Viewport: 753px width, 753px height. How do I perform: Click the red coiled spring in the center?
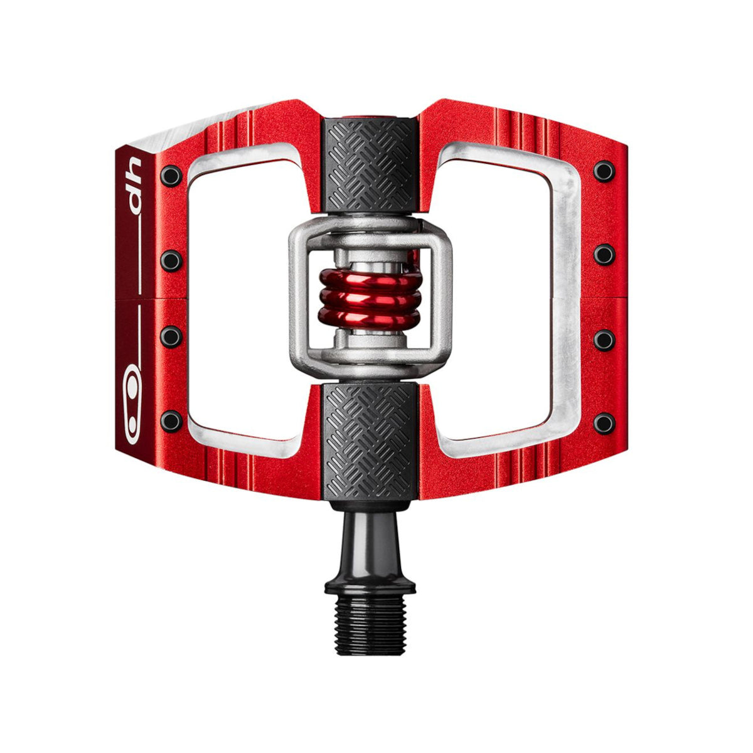pyautogui.click(x=370, y=299)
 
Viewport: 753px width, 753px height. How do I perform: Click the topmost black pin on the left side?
pyautogui.click(x=171, y=176)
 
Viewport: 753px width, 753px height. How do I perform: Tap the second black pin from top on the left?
pyautogui.click(x=171, y=261)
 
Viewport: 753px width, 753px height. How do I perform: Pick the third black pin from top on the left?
pyautogui.click(x=171, y=337)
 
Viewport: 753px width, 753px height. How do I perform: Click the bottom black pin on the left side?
pyautogui.click(x=171, y=422)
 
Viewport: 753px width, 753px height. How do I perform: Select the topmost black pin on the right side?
pyautogui.click(x=604, y=171)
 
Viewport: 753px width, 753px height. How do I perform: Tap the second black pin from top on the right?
pyautogui.click(x=604, y=255)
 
